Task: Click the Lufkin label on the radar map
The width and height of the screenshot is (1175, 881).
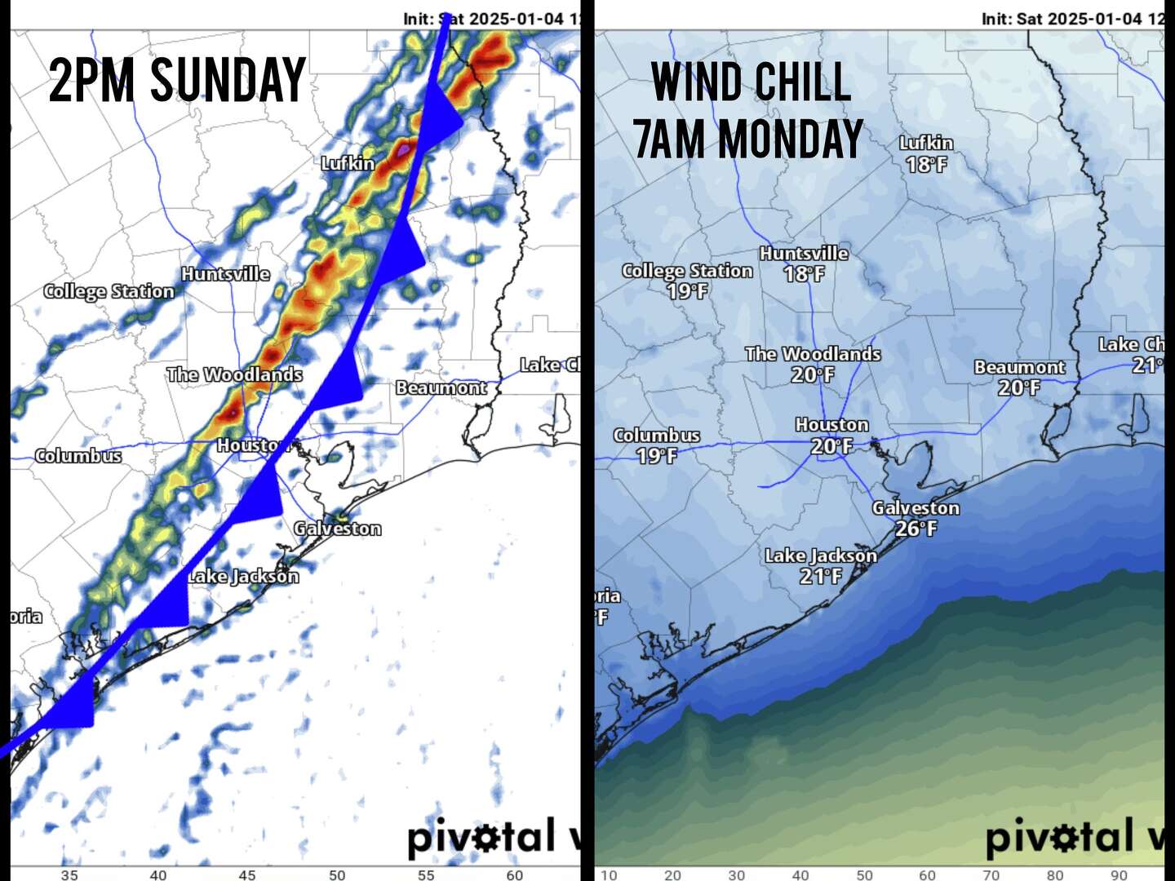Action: pos(348,163)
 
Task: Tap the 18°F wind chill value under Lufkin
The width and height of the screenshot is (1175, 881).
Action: pos(926,165)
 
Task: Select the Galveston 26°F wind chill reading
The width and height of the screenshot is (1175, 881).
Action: pos(916,529)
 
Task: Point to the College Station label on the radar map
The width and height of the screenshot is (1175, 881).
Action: pos(109,291)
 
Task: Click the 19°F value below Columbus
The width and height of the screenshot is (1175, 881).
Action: pos(657,456)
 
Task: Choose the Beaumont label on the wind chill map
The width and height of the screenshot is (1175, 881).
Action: pos(1019,367)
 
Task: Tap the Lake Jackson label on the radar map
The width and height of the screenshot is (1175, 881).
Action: pos(243,576)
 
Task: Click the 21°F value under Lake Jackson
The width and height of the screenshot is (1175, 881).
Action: pos(820,577)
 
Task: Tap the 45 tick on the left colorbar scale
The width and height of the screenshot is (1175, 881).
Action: pos(247,875)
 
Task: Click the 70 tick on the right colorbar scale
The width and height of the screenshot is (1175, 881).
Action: pos(991,875)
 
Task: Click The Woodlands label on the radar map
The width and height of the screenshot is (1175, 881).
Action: pos(234,374)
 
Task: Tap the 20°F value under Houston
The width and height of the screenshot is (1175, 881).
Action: pos(831,446)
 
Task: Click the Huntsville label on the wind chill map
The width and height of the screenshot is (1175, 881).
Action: pos(804,254)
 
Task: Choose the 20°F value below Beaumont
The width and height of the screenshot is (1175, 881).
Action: pos(1019,388)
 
